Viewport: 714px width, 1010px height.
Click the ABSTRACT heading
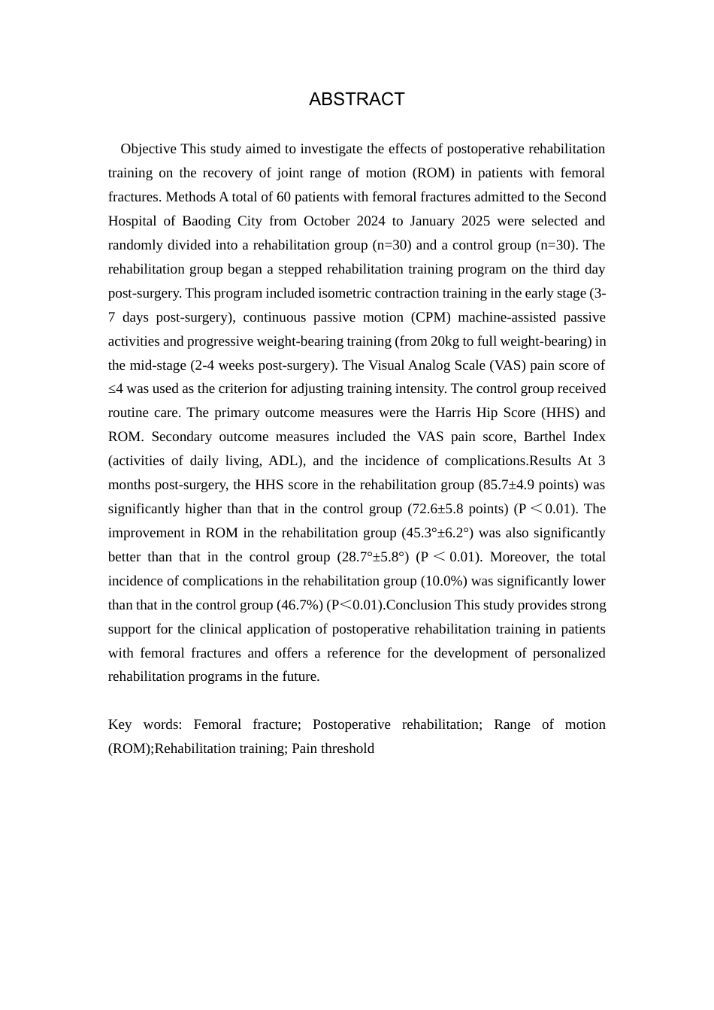pos(356,99)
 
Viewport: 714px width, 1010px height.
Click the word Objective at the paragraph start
pos(148,149)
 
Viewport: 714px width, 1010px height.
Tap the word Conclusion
pos(419,605)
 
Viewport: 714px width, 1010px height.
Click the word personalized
pos(569,653)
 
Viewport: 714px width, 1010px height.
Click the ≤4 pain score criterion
pos(116,389)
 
